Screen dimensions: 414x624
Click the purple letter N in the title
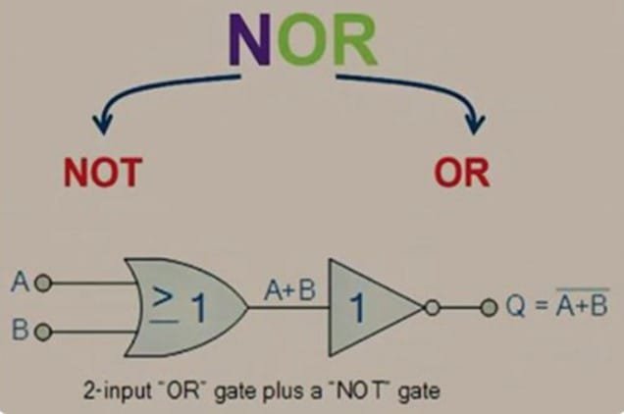click(x=262, y=42)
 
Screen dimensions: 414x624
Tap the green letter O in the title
click(x=307, y=42)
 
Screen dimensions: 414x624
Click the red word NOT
click(x=103, y=174)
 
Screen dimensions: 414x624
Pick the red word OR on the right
click(x=462, y=174)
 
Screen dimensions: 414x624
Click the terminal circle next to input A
click(x=41, y=284)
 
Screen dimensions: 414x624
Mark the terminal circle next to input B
click(x=41, y=329)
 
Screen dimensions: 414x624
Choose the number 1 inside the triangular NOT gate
click(x=358, y=309)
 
